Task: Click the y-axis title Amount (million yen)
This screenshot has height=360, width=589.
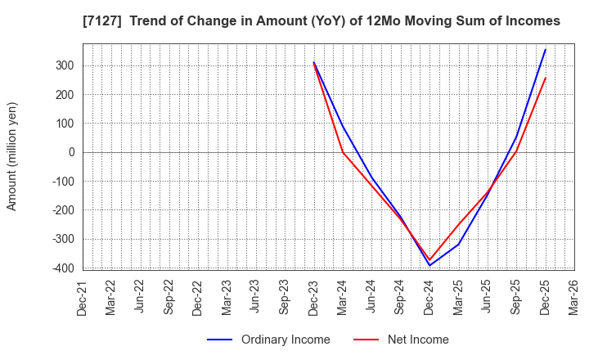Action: (x=12, y=156)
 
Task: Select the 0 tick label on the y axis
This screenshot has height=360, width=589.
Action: (x=72, y=152)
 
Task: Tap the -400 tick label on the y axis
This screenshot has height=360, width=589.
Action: (x=65, y=268)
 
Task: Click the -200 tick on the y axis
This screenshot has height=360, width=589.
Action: (x=65, y=210)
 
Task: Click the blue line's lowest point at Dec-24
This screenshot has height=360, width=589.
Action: (x=429, y=265)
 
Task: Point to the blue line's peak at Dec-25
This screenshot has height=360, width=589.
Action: (x=545, y=49)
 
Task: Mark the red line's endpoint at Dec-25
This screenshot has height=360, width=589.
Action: (x=545, y=78)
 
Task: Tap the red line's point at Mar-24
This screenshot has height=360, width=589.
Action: (x=343, y=151)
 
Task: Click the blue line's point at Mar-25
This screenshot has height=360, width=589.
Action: (x=458, y=244)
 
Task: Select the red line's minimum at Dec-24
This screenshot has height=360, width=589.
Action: (x=429, y=260)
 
